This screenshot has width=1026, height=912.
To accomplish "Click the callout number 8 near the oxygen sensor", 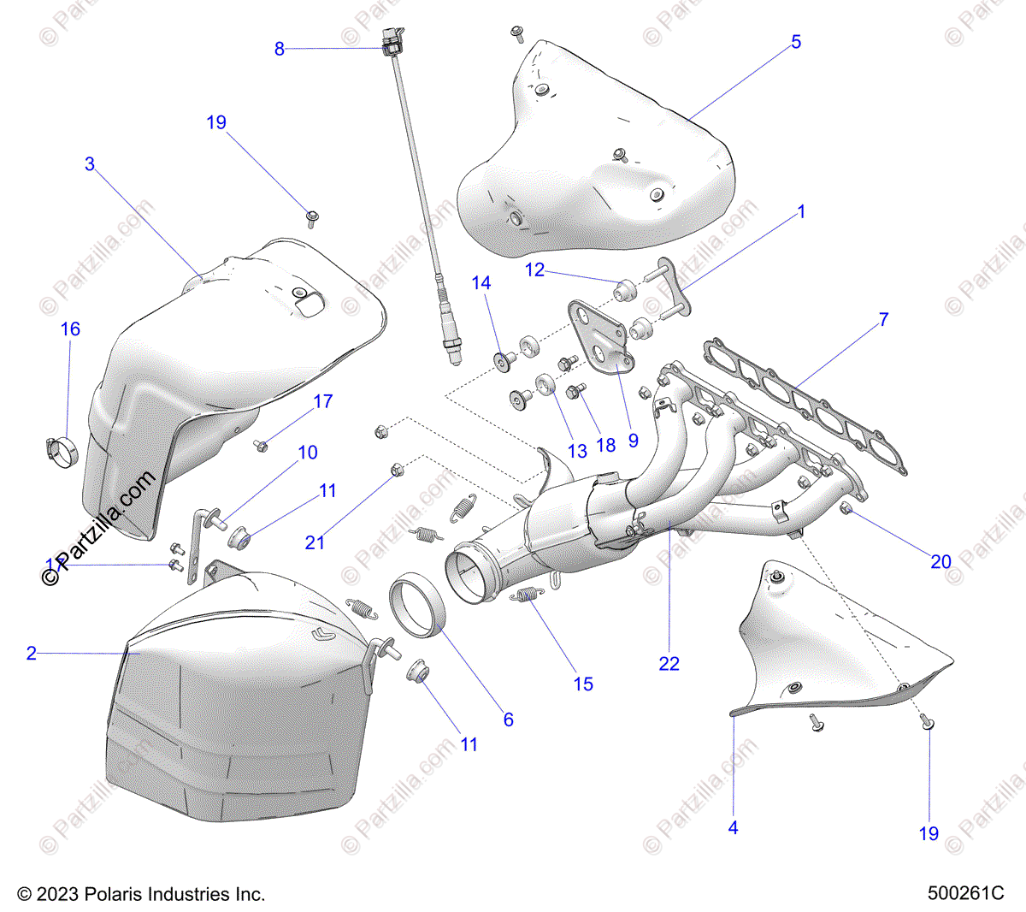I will [279, 50].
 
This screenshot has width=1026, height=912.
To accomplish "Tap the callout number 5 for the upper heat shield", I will [796, 42].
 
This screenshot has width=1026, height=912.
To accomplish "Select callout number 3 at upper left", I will [90, 163].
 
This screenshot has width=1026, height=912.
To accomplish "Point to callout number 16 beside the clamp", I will [70, 329].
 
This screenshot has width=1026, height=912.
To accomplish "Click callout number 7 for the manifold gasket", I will [883, 320].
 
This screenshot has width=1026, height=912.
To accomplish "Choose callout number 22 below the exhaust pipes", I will [669, 663].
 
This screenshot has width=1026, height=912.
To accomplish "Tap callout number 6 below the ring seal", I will [508, 720].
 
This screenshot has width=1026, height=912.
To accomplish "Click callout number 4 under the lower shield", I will [733, 827].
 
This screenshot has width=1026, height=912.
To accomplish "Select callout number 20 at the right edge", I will [940, 561].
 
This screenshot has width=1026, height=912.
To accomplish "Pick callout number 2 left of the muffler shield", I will [32, 654].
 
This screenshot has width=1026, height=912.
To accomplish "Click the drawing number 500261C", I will [965, 894].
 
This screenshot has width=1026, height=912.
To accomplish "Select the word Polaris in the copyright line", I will [115, 894].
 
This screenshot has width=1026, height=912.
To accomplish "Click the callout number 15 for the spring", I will [583, 684].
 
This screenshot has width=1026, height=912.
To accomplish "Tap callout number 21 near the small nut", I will [315, 542].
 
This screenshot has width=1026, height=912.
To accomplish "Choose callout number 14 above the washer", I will [481, 282].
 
